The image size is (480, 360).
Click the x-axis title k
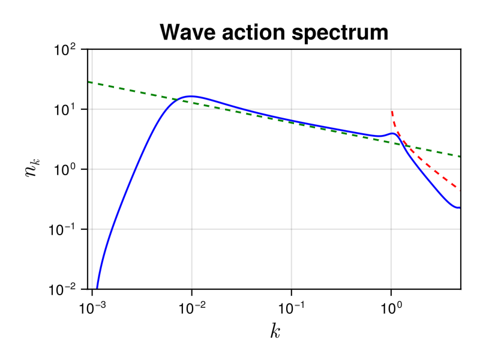click(275, 331)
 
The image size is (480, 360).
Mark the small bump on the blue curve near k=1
click(392, 133)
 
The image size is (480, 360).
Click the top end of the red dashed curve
click(392, 111)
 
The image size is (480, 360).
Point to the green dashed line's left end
click(88, 82)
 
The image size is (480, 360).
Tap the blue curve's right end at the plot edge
click(460, 208)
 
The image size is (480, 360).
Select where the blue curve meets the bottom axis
click(97, 289)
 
